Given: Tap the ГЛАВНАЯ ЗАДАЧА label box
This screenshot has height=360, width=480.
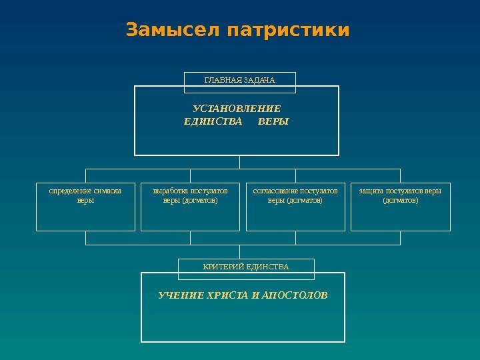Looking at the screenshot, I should [x=239, y=81].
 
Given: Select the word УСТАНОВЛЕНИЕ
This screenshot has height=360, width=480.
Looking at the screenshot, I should [x=237, y=108].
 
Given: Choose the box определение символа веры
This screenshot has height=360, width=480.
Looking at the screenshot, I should [x=85, y=207].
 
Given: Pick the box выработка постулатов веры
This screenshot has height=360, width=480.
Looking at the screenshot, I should [x=190, y=207].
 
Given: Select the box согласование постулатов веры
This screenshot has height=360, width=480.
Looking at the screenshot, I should [x=295, y=207].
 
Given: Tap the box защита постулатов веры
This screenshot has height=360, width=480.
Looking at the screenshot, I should [x=400, y=207].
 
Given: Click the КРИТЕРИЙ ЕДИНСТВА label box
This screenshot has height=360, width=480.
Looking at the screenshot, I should [x=246, y=267].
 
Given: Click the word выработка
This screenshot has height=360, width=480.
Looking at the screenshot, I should [x=170, y=191].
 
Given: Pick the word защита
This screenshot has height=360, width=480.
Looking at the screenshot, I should [x=371, y=191].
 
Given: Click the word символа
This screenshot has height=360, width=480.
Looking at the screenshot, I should [x=108, y=191].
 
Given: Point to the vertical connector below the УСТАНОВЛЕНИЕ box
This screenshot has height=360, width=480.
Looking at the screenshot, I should [x=239, y=162].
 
